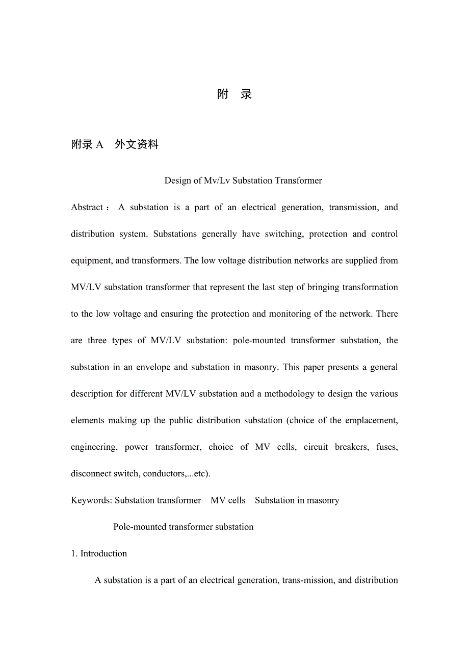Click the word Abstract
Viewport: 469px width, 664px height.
click(87, 208)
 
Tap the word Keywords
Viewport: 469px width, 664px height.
click(91, 500)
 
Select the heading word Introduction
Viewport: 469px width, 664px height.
click(103, 553)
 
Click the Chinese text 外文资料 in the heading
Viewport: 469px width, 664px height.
click(137, 145)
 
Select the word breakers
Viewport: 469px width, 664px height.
click(351, 447)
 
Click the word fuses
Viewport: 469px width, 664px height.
click(387, 447)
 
